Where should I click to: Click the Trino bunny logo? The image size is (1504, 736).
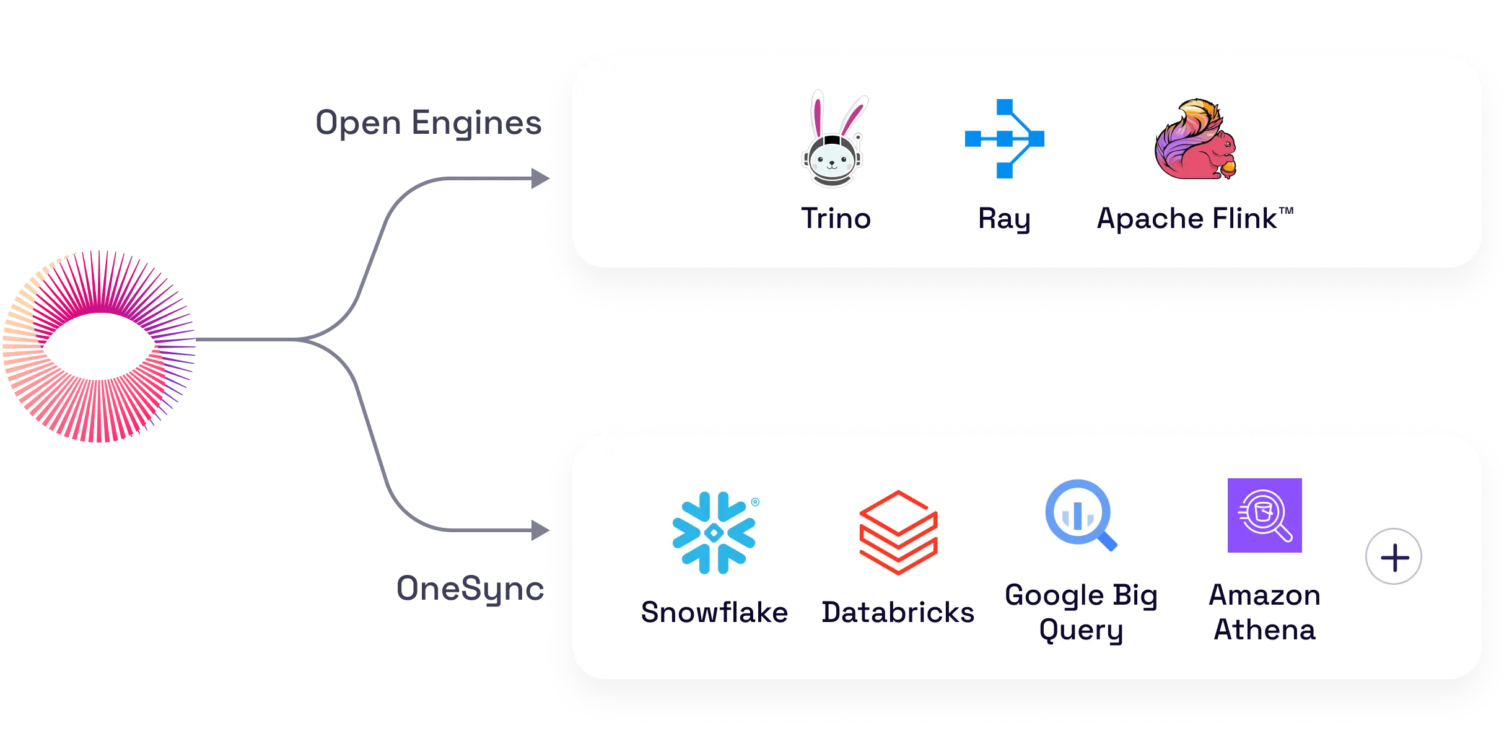tap(834, 141)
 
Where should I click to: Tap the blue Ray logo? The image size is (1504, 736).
tap(1004, 139)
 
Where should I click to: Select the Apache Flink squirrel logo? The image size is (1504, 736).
tap(1195, 139)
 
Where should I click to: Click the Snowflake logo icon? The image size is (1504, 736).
tap(714, 533)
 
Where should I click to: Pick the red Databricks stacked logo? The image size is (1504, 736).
tap(898, 533)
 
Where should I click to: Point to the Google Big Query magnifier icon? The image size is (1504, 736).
tap(1080, 515)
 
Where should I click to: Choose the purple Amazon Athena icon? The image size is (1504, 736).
tap(1264, 515)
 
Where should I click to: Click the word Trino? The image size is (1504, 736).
tap(836, 219)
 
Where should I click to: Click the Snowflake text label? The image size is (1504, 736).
tap(714, 612)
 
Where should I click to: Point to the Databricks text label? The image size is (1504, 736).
tap(898, 612)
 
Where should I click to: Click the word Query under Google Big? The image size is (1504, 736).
tap(1081, 631)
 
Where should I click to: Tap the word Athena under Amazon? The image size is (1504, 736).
tap(1264, 629)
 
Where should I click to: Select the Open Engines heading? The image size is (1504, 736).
tap(427, 123)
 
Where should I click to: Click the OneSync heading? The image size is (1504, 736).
tap(470, 589)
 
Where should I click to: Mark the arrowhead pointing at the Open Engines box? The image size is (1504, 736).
tap(539, 179)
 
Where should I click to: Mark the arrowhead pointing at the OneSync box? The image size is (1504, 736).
tap(539, 530)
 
